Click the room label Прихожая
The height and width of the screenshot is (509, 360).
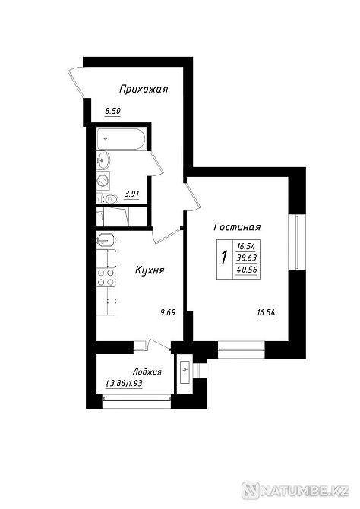click(144, 89)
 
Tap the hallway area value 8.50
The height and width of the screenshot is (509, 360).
click(112, 112)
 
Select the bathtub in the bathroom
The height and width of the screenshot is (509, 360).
click(121, 139)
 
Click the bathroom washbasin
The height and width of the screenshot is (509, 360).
click(103, 160)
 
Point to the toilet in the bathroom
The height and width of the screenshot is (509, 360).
click(107, 198)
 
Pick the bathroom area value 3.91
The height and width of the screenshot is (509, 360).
click(132, 194)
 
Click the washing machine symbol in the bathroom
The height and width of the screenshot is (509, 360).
click(103, 180)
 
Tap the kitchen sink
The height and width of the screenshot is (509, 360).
click(106, 240)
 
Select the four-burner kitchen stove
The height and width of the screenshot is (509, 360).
click(106, 277)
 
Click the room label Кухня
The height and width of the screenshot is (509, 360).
click(150, 270)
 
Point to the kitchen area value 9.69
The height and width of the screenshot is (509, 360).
click(168, 312)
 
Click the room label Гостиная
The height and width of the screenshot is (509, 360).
click(237, 226)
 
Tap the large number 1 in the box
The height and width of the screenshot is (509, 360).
click(223, 258)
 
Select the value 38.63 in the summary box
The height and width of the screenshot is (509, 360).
click(246, 258)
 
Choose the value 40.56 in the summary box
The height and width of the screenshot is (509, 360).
click(246, 270)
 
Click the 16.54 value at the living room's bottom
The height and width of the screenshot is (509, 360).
click(266, 313)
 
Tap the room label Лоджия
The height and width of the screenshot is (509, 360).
click(147, 372)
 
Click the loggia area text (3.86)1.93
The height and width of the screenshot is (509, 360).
click(125, 384)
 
